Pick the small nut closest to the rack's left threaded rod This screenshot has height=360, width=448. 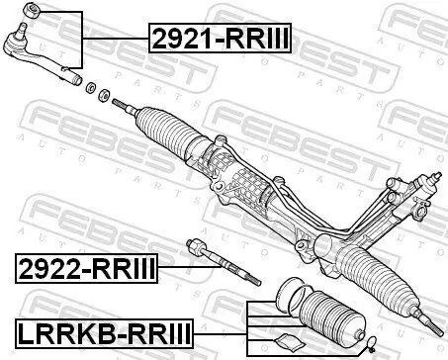click(x=102, y=94)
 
